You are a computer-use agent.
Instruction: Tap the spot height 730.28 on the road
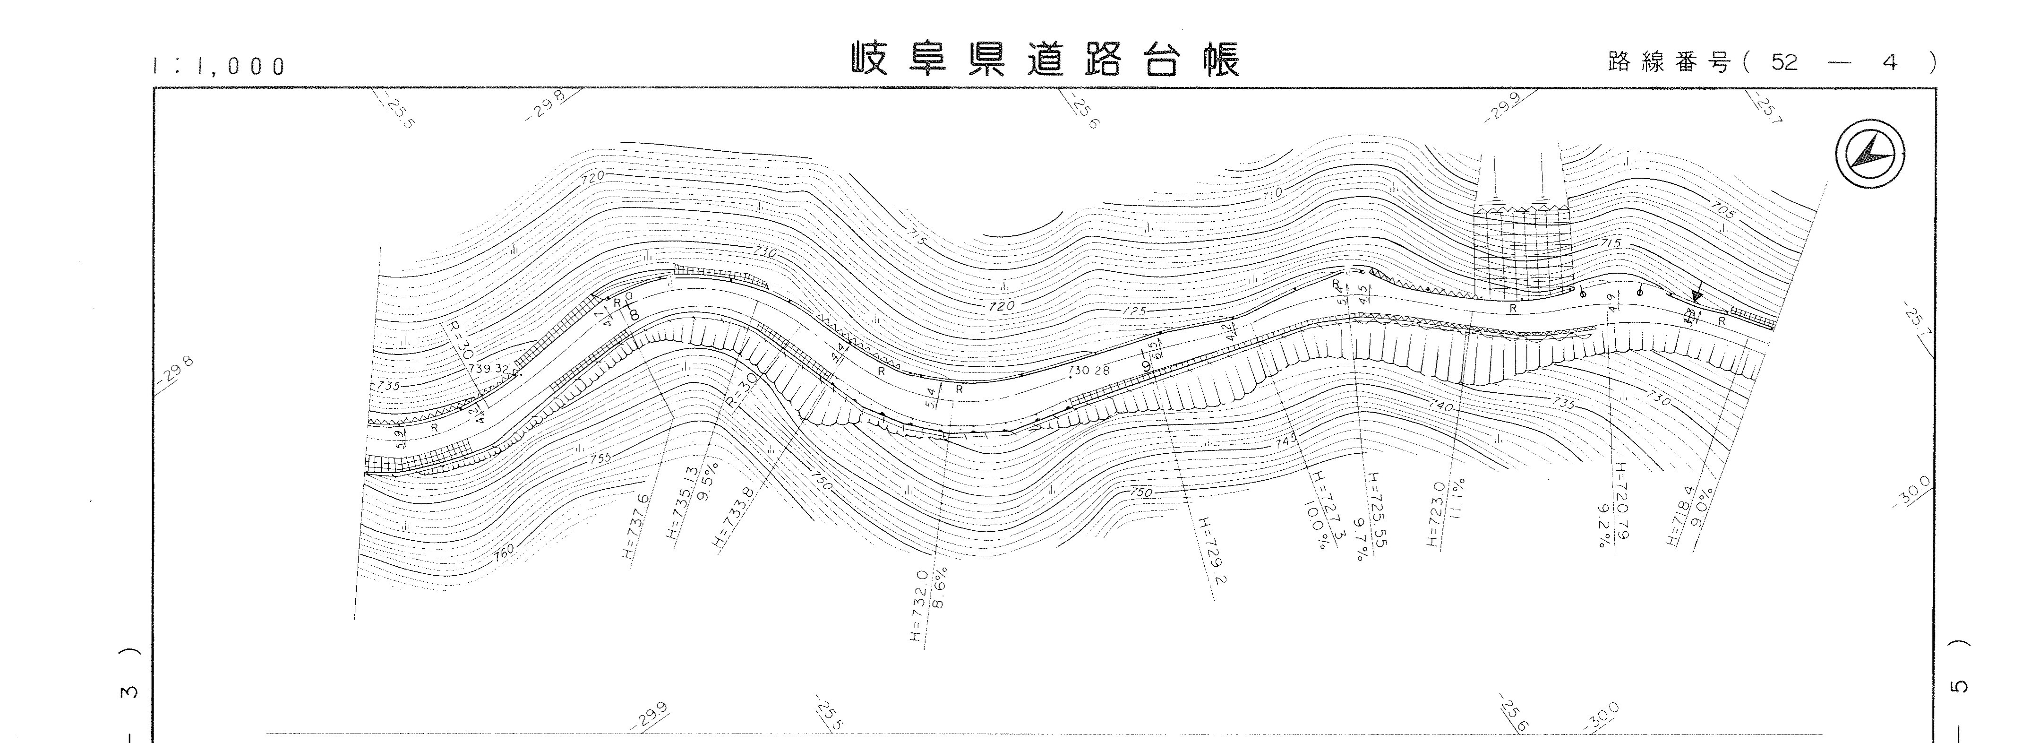(x=1088, y=370)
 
